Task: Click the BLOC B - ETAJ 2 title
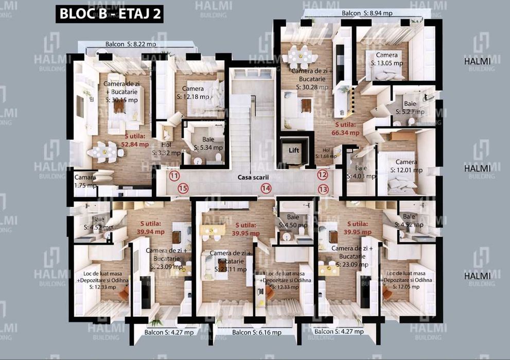click(110, 14)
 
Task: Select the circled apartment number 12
click(323, 175)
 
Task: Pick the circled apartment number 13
click(323, 189)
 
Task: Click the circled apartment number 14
click(266, 188)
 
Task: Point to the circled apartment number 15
click(183, 188)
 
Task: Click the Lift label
click(294, 150)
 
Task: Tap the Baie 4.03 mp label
click(357, 172)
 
